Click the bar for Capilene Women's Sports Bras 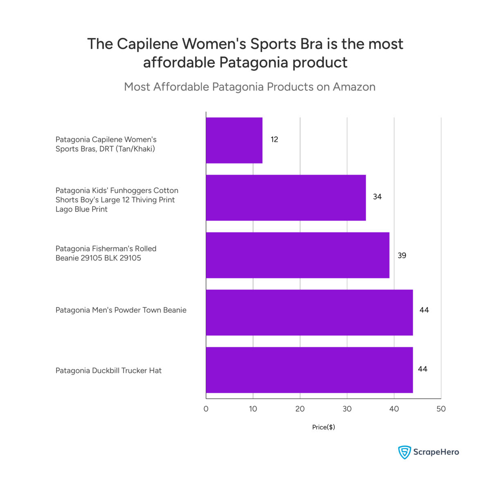234,140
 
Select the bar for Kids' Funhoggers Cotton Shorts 286,198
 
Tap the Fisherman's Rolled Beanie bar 297,255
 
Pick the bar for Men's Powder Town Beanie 309,313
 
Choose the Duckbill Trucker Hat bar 309,370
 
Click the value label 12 274,140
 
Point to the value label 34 377,197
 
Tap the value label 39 402,256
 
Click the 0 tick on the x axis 206,409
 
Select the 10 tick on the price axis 253,409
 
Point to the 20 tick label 300,409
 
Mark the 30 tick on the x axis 347,409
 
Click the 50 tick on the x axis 441,409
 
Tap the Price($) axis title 323,427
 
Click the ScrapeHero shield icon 404,452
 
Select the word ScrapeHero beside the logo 436,452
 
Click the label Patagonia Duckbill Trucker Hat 108,371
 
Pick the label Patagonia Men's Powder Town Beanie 121,310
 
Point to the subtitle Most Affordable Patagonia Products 250,87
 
